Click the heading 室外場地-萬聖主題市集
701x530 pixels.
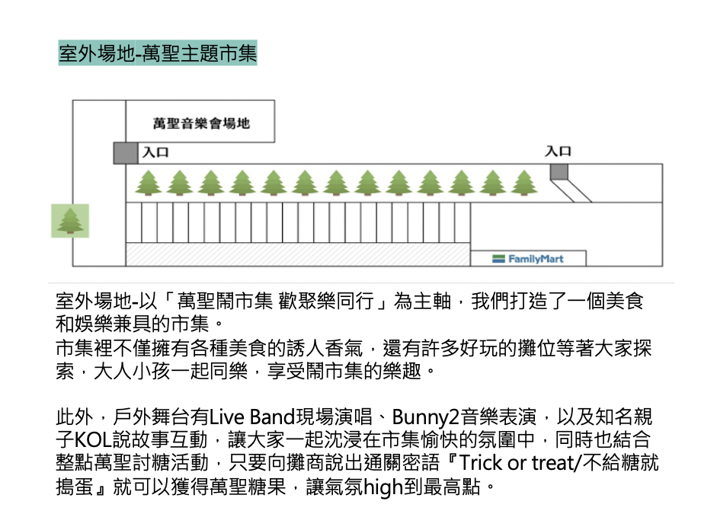pos(158,55)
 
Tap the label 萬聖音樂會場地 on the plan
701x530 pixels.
pos(201,122)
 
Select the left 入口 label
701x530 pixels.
pos(155,152)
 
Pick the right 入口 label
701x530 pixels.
pos(558,152)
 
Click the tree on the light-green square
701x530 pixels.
pos(70,220)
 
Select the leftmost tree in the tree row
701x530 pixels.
pos(148,183)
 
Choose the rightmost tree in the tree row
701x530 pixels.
pos(524,183)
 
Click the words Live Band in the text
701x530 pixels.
pos(251,417)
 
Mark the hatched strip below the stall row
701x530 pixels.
pos(297,254)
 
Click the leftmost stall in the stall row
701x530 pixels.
pos(134,223)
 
